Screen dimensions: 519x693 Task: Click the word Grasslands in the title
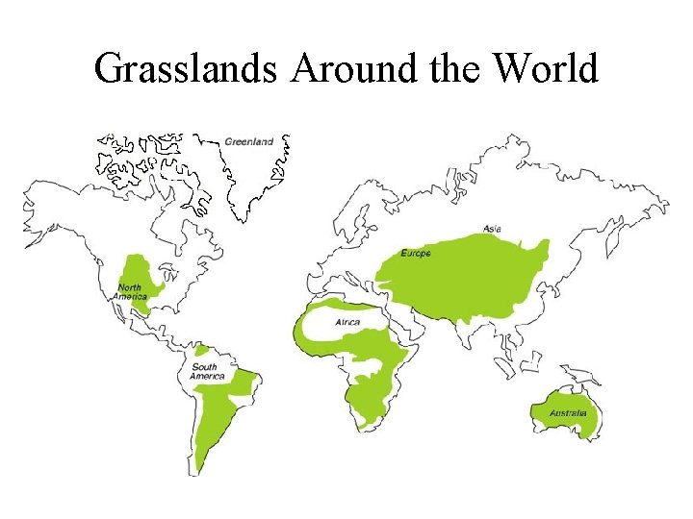click(x=187, y=69)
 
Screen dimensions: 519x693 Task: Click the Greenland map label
click(x=249, y=142)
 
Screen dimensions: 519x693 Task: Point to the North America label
click(x=130, y=292)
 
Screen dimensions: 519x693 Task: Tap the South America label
click(x=206, y=371)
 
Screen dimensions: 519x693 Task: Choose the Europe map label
click(x=417, y=254)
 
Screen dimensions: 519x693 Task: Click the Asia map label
click(x=492, y=229)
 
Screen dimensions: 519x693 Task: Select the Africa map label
click(x=347, y=323)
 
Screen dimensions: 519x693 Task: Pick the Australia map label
click(x=568, y=414)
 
